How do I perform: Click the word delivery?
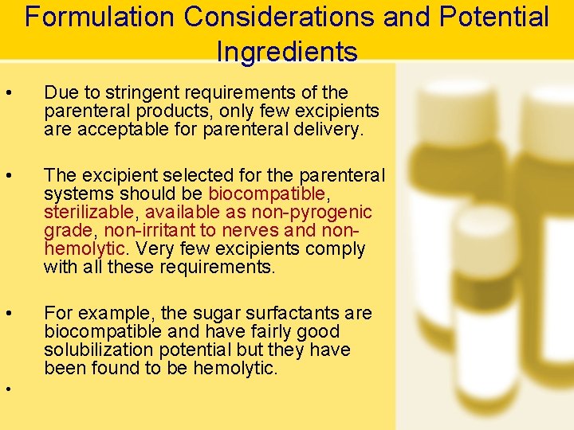(x=324, y=129)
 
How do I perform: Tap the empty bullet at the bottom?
(x=7, y=389)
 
